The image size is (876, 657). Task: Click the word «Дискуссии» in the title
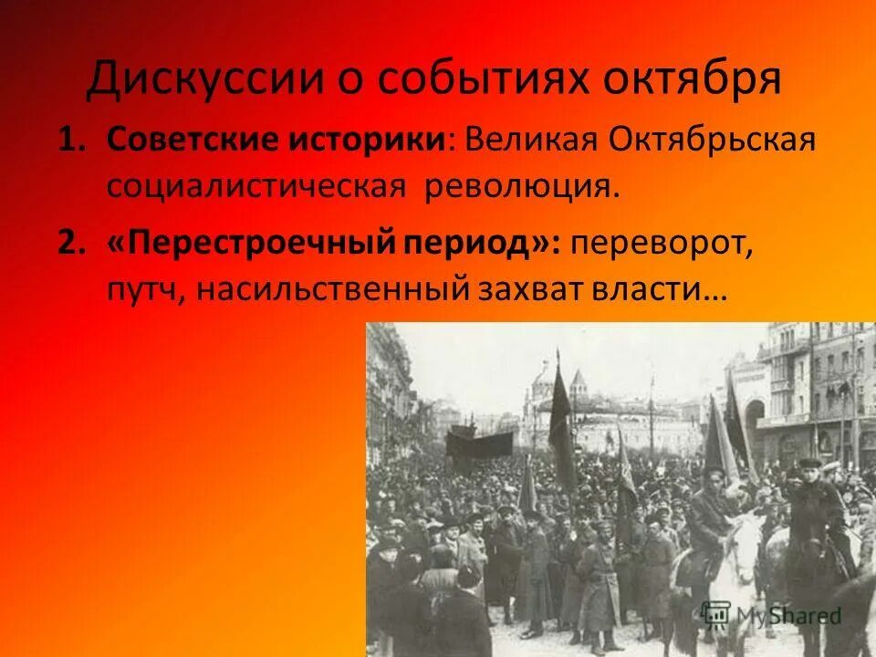click(x=205, y=78)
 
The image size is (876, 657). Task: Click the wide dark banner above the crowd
click(x=479, y=444)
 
